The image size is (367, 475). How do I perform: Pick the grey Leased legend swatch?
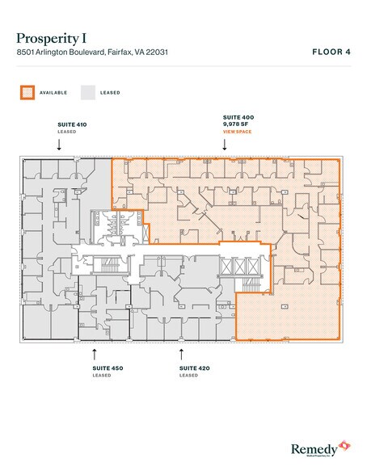click(x=88, y=93)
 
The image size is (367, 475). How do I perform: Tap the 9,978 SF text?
click(x=234, y=124)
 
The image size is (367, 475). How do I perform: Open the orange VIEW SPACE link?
click(x=238, y=130)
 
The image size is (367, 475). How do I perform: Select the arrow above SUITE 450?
click(x=95, y=353)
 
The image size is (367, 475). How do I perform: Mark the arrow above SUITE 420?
click(x=182, y=353)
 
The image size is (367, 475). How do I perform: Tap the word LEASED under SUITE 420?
click(x=188, y=376)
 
